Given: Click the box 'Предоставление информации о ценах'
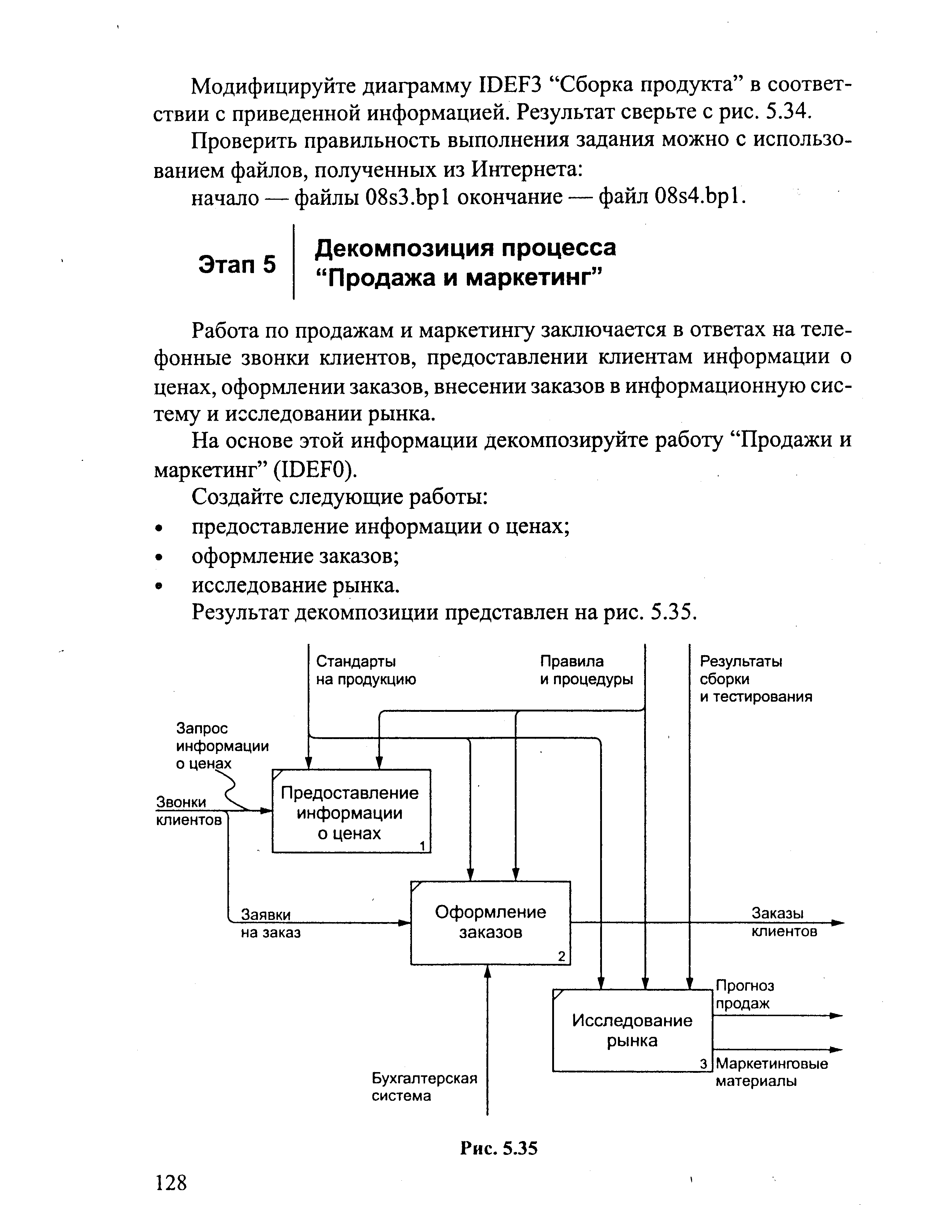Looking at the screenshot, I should (351, 812).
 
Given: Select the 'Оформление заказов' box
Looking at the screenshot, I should (490, 922).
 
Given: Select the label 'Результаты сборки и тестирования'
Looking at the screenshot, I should (755, 679).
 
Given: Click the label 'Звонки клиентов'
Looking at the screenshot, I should (188, 811).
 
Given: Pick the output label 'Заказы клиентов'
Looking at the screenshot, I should (784, 922).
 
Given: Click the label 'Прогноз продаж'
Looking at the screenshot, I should (745, 994).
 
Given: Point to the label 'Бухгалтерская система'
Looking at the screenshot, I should (424, 1087).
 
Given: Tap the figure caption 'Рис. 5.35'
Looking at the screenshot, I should (498, 1148).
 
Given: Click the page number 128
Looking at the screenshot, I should (171, 1183).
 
